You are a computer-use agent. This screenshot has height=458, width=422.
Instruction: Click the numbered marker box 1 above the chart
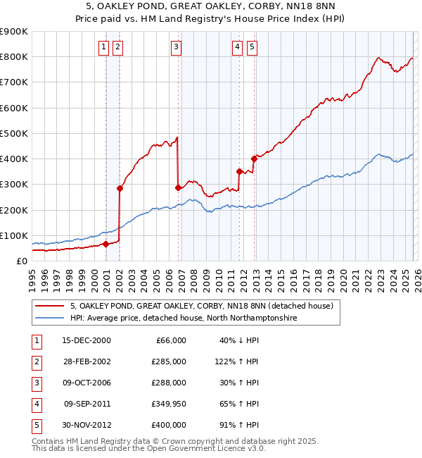pos(103,47)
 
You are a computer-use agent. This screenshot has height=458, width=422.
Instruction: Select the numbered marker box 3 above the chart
pos(176,47)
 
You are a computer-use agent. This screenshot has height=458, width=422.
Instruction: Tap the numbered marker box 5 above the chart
pos(252,47)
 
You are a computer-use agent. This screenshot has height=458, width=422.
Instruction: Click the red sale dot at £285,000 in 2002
pos(120,188)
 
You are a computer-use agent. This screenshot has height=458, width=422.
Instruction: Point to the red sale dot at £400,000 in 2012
pos(254,159)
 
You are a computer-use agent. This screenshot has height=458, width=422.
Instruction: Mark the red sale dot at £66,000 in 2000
pos(105,245)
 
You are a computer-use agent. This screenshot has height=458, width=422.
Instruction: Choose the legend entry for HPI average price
pos(184,318)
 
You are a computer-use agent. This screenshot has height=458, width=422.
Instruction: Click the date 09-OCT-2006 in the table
pos(87,383)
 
